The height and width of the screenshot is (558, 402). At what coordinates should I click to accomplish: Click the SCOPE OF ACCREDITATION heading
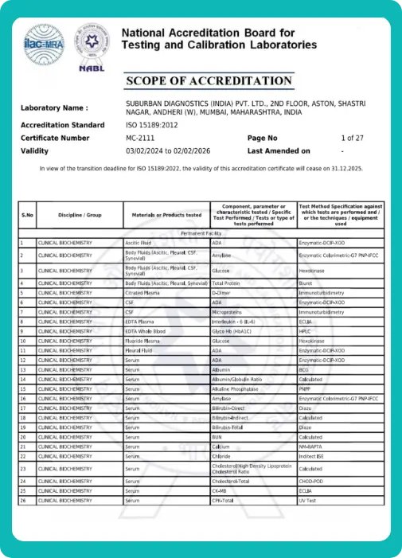pyautogui.click(x=209, y=81)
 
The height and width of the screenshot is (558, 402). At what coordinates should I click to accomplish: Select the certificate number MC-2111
pyautogui.click(x=142, y=138)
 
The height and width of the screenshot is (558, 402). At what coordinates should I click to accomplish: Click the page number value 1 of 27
pyautogui.click(x=352, y=138)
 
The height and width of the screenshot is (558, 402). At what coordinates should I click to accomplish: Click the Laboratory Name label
pyautogui.click(x=54, y=107)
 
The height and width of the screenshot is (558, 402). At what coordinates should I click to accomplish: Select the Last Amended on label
pyautogui.click(x=279, y=150)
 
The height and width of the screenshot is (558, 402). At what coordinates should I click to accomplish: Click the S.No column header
pyautogui.click(x=27, y=215)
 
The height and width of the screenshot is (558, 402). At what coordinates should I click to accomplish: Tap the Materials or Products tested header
pyautogui.click(x=166, y=215)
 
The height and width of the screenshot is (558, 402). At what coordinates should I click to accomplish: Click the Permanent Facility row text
pyautogui.click(x=205, y=232)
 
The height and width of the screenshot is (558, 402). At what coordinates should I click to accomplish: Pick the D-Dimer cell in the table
pyautogui.click(x=222, y=293)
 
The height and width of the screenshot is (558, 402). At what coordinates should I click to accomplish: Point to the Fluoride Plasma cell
pyautogui.click(x=142, y=341)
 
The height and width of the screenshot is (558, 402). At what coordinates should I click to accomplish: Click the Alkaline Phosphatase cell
pyautogui.click(x=236, y=388)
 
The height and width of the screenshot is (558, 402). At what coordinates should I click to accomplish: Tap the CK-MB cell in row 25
pyautogui.click(x=221, y=491)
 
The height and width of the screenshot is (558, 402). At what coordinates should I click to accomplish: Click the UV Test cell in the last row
pyautogui.click(x=308, y=501)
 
